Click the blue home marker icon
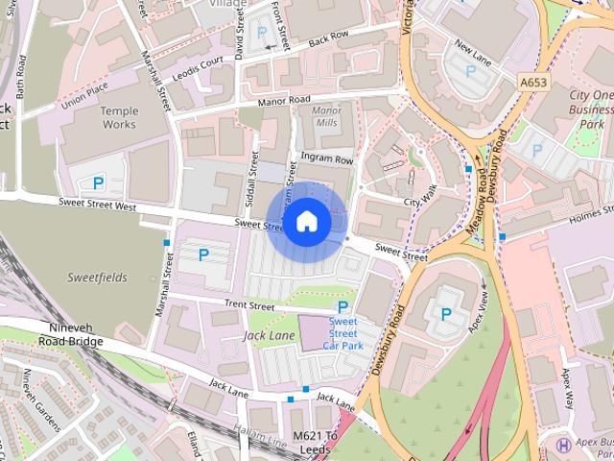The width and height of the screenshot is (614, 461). point(306,221)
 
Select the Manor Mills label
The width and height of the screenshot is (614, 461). point(327,116)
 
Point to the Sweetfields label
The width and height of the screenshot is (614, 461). point(97,278)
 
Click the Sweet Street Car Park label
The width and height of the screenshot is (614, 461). point(343,332)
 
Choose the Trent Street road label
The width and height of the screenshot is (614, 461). point(250,305)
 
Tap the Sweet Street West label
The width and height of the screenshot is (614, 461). point(97,206)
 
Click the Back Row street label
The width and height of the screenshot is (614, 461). point(329,37)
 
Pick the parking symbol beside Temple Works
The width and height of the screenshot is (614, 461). point(98,182)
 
